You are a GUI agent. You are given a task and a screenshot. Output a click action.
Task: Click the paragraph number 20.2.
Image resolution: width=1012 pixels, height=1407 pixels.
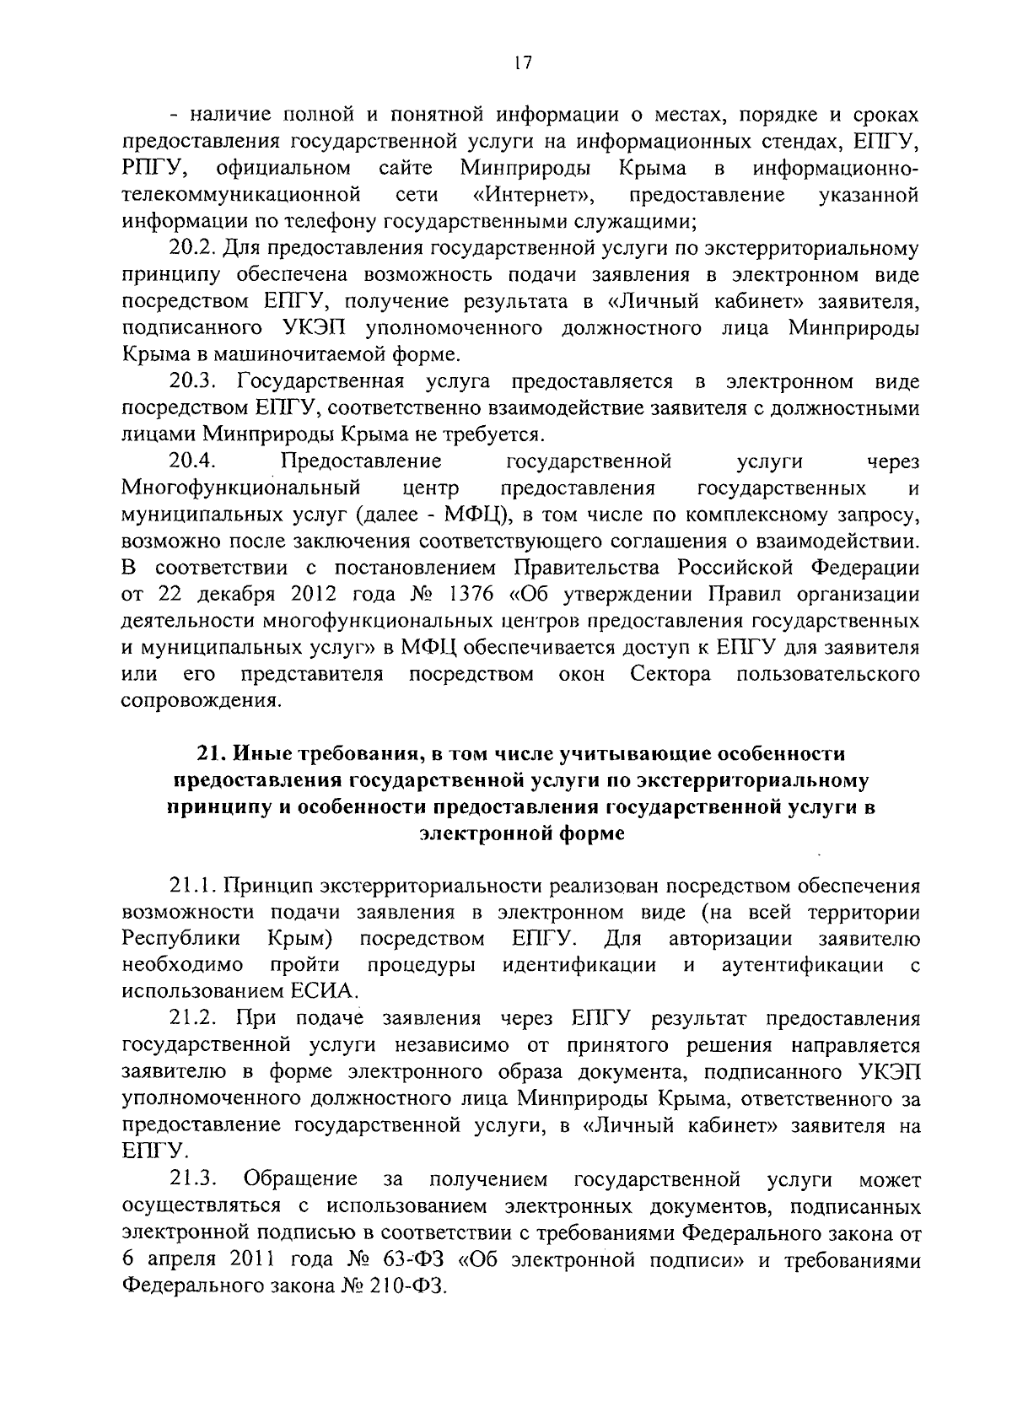pos(194,249)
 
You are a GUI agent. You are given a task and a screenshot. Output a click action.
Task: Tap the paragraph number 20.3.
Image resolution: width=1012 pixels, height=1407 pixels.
pos(194,382)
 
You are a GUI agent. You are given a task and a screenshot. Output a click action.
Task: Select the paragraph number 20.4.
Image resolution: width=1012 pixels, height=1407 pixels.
pos(194,461)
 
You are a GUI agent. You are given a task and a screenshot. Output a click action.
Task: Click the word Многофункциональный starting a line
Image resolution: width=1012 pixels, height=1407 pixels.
pos(242,488)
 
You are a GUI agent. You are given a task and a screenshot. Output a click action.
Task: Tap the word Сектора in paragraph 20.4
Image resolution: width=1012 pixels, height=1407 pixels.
pos(670,675)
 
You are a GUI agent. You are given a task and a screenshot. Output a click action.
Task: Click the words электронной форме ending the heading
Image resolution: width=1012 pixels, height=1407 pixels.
pos(522,833)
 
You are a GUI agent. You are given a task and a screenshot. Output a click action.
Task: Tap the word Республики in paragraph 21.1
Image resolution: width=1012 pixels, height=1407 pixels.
pos(181,940)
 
